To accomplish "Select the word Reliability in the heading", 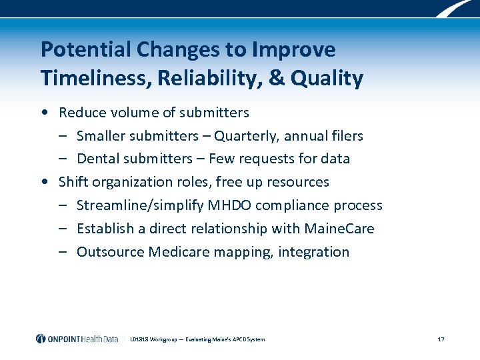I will [203, 79].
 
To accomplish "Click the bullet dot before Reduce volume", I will [44, 113].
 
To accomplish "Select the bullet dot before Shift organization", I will [44, 182].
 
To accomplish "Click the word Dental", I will [97, 159].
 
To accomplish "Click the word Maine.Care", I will [339, 229].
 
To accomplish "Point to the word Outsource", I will [110, 252].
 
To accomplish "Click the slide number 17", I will [441, 339].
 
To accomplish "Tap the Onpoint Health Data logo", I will [77, 339].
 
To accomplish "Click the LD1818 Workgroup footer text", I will [197, 339].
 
